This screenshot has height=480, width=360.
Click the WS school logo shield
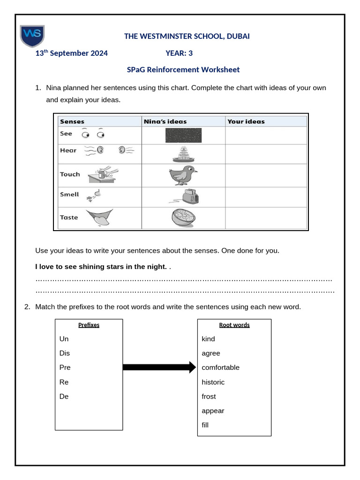pyautogui.click(x=32, y=37)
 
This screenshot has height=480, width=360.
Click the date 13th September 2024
pyautogui.click(x=72, y=53)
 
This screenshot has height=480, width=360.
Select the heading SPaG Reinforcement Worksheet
pyautogui.click(x=183, y=69)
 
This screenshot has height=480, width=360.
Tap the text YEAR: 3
pyautogui.click(x=179, y=53)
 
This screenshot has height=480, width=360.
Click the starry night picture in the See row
pyautogui.click(x=183, y=135)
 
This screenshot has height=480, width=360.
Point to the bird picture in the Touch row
pyautogui.click(x=183, y=175)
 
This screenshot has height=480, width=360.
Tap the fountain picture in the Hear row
pyautogui.click(x=183, y=154)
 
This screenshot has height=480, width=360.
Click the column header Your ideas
pyautogui.click(x=246, y=121)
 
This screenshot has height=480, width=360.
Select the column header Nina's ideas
pyautogui.click(x=165, y=121)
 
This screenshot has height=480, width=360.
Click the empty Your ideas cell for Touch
pyautogui.click(x=266, y=175)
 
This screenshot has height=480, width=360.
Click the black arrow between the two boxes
pyautogui.click(x=159, y=367)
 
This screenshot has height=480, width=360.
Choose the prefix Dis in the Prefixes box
pyautogui.click(x=65, y=353)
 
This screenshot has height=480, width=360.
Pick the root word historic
pyautogui.click(x=213, y=382)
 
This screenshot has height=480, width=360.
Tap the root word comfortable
pyautogui.click(x=221, y=367)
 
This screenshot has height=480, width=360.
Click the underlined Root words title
pyautogui.click(x=234, y=325)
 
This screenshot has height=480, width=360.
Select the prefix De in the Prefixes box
pyautogui.click(x=64, y=397)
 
